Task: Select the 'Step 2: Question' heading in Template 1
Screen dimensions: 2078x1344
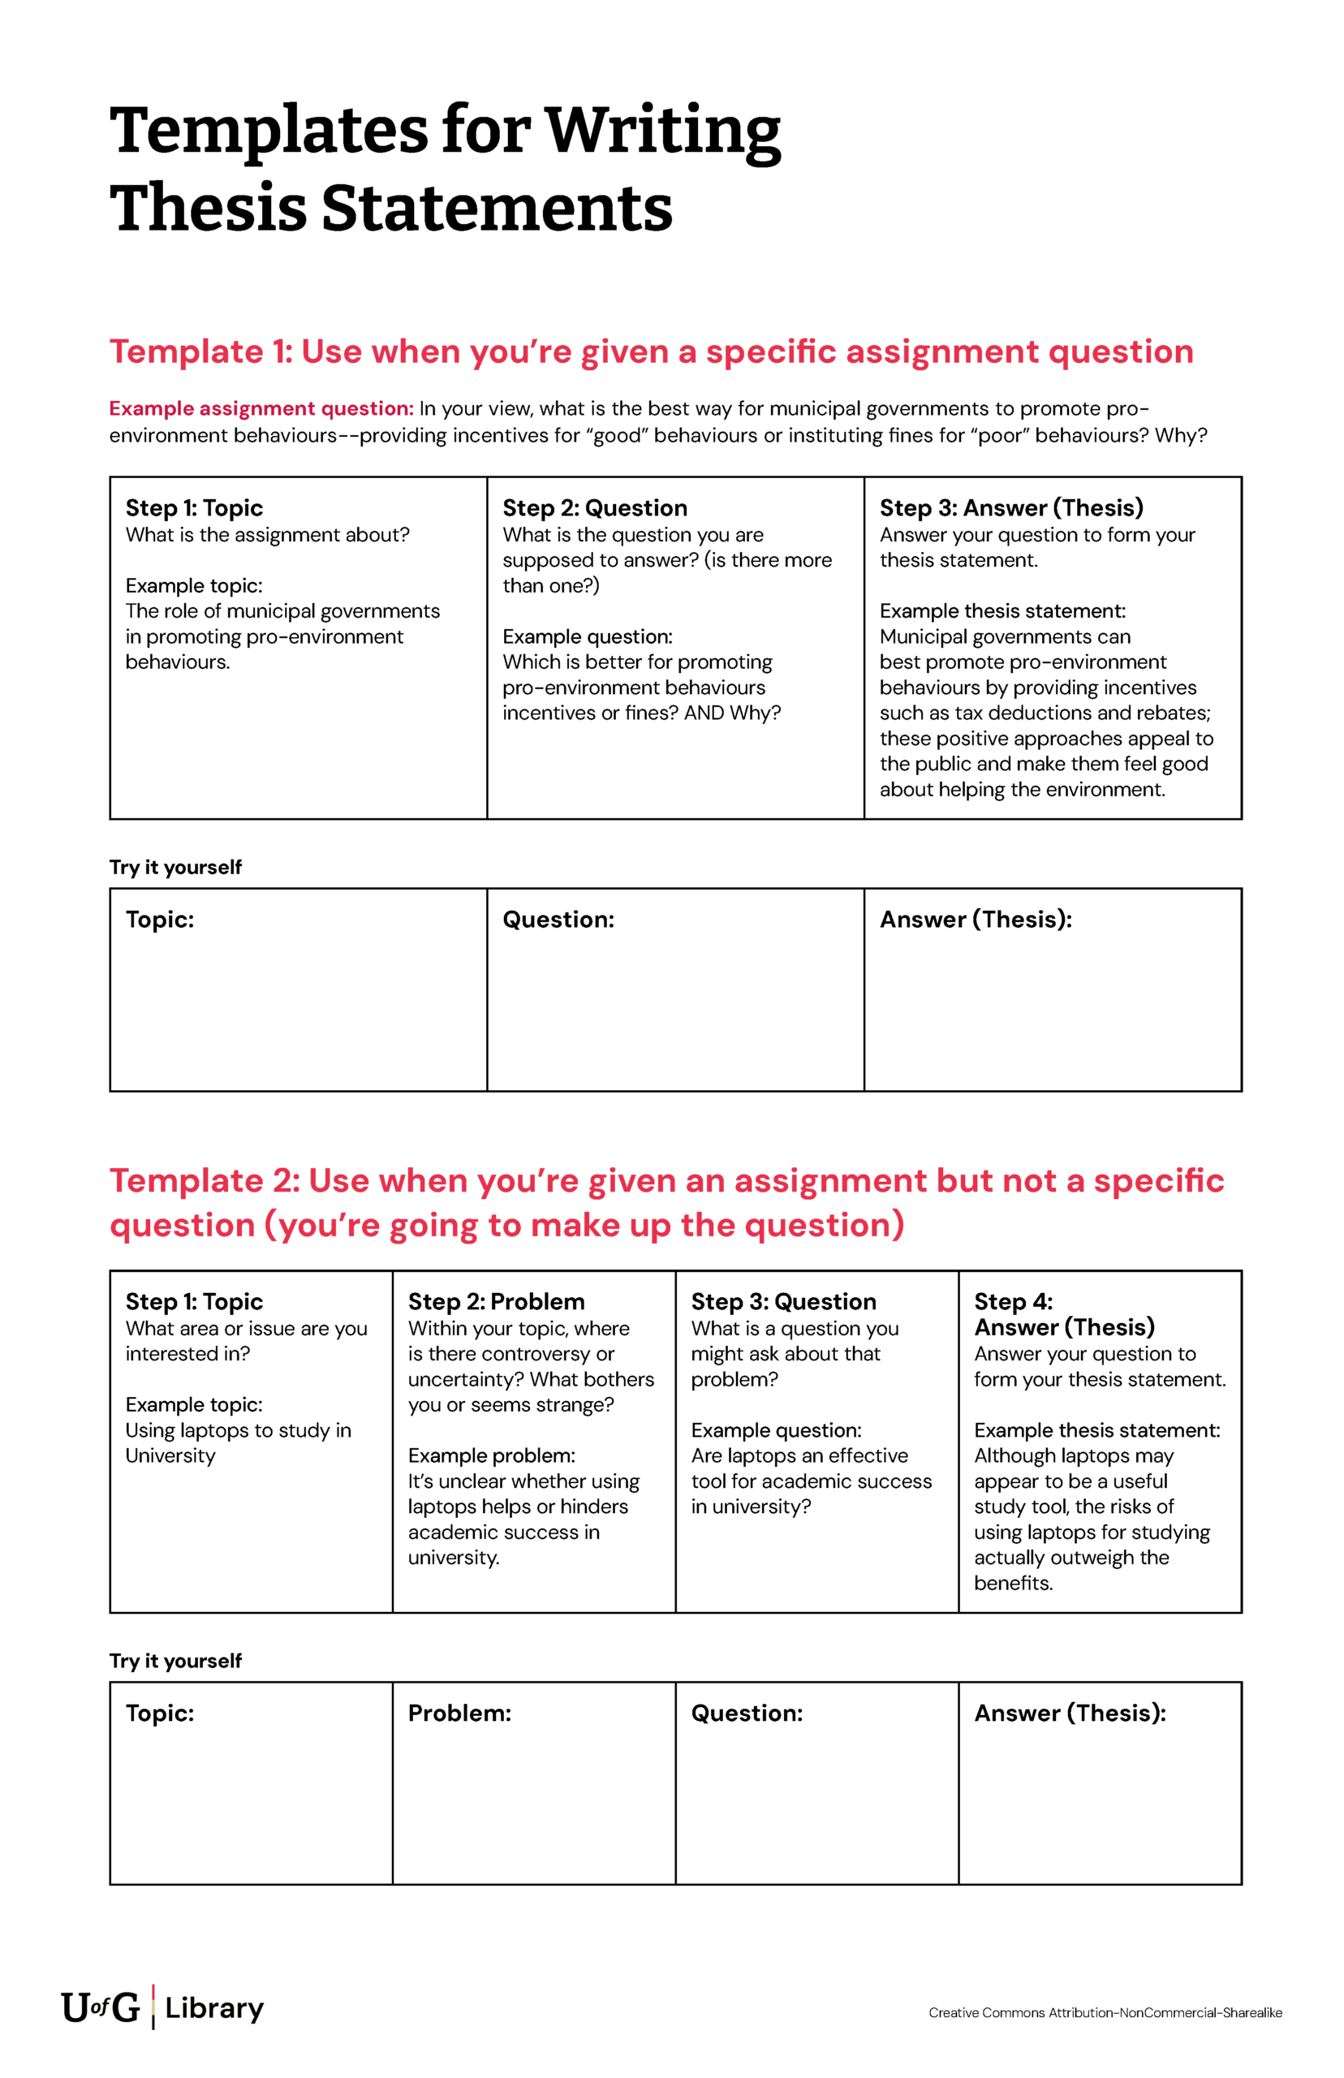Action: click(594, 508)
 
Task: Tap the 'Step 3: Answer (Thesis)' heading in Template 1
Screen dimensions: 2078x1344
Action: click(1010, 508)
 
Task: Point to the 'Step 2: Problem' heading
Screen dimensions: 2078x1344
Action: click(496, 1301)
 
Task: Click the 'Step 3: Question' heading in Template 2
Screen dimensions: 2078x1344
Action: click(783, 1301)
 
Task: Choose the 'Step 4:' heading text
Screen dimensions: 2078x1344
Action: click(1012, 1301)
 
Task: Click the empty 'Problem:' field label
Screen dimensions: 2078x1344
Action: click(459, 1713)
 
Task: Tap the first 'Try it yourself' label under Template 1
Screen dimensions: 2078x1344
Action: click(175, 867)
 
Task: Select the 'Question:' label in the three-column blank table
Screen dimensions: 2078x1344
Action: click(558, 919)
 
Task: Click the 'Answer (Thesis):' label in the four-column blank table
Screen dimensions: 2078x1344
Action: click(1069, 1713)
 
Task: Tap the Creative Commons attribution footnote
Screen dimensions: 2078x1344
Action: click(1104, 2012)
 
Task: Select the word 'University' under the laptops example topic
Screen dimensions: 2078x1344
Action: click(170, 1455)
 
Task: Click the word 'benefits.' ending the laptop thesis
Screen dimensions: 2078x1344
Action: click(1012, 1583)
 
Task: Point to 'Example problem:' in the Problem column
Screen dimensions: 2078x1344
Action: click(491, 1455)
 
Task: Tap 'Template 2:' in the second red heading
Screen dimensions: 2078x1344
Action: click(204, 1180)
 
